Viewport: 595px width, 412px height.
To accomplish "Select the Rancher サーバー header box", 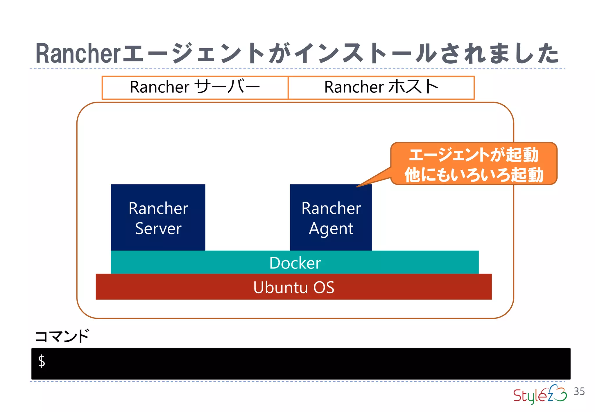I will click(x=195, y=87).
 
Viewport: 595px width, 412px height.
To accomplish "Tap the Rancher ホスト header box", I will click(x=381, y=87).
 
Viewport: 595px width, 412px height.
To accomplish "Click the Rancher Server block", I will click(x=158, y=217).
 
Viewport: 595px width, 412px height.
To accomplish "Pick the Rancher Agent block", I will click(x=331, y=217).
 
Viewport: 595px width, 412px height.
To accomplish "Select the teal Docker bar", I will click(x=295, y=262).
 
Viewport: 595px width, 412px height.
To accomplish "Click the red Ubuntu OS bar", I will click(x=293, y=287).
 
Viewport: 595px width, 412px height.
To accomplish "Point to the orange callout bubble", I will click(x=474, y=164).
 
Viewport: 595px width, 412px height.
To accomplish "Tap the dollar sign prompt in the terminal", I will click(x=42, y=361).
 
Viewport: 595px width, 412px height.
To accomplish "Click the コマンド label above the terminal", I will click(x=62, y=336).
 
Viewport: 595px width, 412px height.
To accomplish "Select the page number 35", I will click(x=579, y=391).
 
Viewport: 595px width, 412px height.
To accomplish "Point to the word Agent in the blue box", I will click(x=331, y=229).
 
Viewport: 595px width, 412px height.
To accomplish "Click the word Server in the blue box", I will click(x=158, y=228).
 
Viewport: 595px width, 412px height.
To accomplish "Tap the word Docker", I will click(x=295, y=263).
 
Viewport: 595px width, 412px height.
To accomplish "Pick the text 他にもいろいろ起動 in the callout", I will click(x=474, y=175).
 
